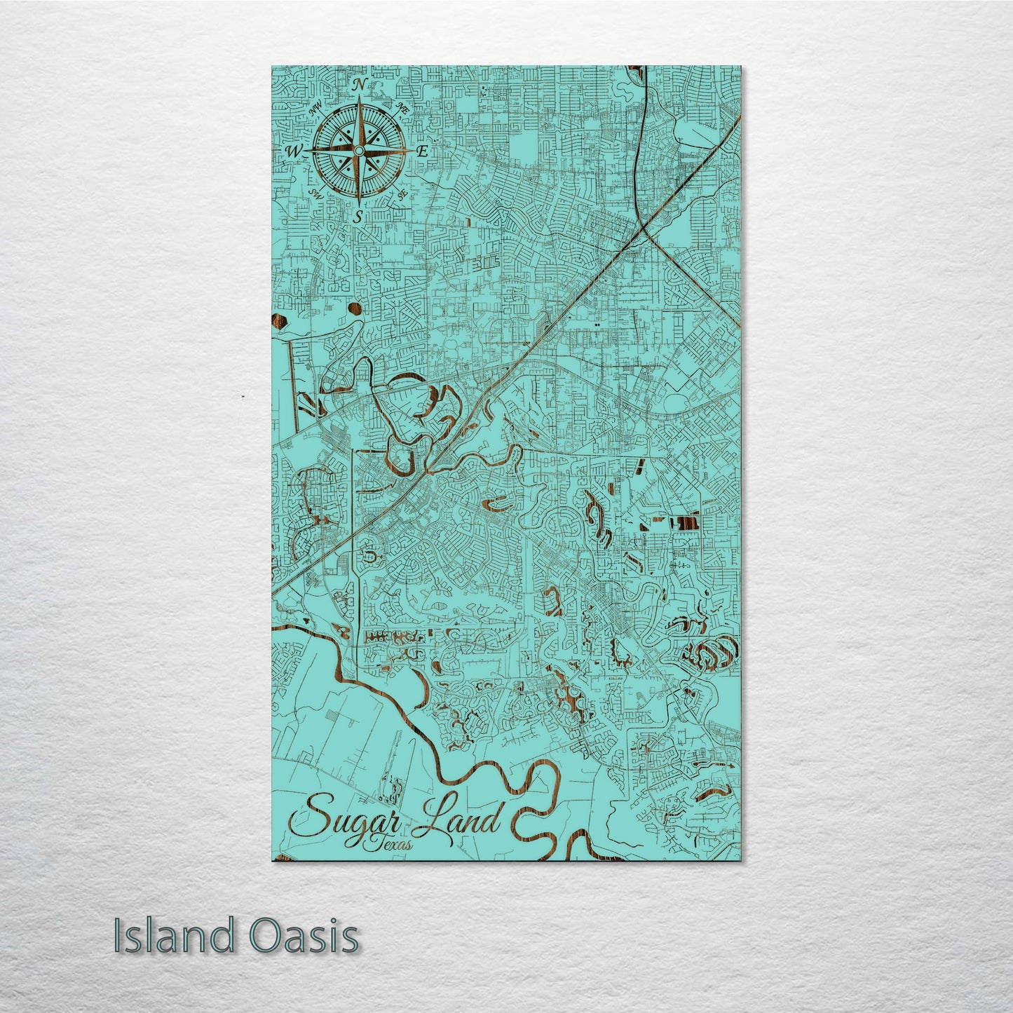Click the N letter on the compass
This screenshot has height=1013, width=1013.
coord(359,85)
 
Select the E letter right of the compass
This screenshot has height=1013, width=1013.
coord(422,151)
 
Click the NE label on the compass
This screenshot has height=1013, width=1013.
coord(403,108)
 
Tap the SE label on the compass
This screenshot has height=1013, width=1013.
coord(402,194)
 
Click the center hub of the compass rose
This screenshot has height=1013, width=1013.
coord(358,151)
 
